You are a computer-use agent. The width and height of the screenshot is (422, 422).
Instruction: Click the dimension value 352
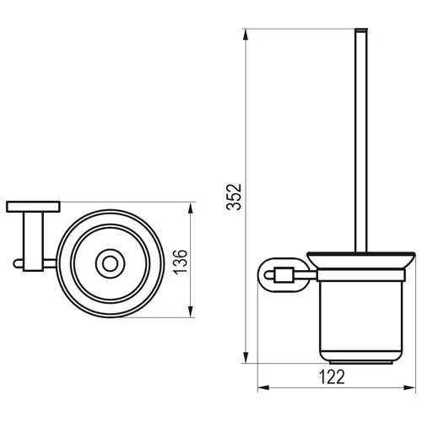[234, 197]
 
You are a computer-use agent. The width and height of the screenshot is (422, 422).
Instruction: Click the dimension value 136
[180, 262]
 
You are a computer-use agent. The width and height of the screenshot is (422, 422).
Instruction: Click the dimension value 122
[332, 377]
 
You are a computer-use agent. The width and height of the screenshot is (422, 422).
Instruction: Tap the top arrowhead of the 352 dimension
[246, 35]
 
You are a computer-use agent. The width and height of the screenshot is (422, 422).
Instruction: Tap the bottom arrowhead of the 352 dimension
[246, 357]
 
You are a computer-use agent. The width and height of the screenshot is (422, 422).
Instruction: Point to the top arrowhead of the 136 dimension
[191, 208]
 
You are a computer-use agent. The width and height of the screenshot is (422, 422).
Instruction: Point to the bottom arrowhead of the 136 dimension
[191, 311]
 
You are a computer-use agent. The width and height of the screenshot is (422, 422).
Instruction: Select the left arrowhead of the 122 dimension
[264, 387]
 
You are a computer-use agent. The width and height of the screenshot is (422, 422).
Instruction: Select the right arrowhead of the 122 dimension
[409, 387]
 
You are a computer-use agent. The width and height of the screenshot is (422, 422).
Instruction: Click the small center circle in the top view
[110, 264]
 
